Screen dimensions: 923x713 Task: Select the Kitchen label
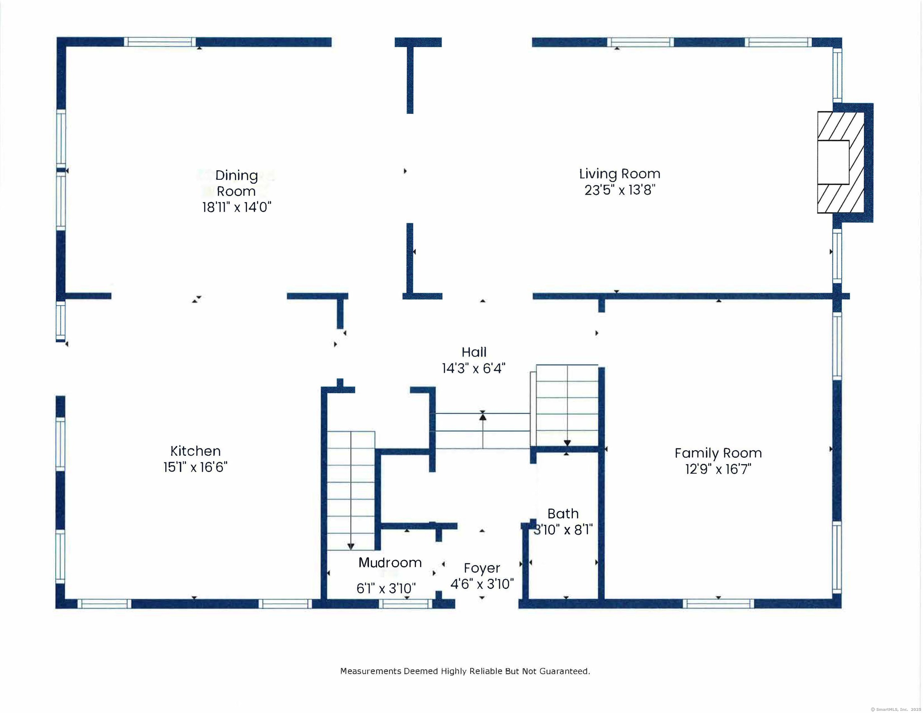click(x=195, y=451)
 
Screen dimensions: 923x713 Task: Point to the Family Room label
click(x=718, y=453)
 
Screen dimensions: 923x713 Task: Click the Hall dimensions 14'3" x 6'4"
click(x=474, y=369)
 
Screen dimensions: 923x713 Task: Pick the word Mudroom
click(x=390, y=563)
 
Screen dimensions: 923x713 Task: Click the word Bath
click(x=563, y=513)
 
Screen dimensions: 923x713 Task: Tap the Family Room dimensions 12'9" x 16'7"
click(x=718, y=469)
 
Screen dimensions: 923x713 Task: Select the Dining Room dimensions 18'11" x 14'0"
click(x=237, y=207)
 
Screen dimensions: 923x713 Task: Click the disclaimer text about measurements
click(x=465, y=671)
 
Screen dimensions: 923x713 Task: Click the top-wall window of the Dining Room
click(x=160, y=42)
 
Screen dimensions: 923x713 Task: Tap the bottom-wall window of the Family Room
click(x=718, y=603)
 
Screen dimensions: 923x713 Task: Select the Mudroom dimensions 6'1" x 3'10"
click(x=386, y=588)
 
